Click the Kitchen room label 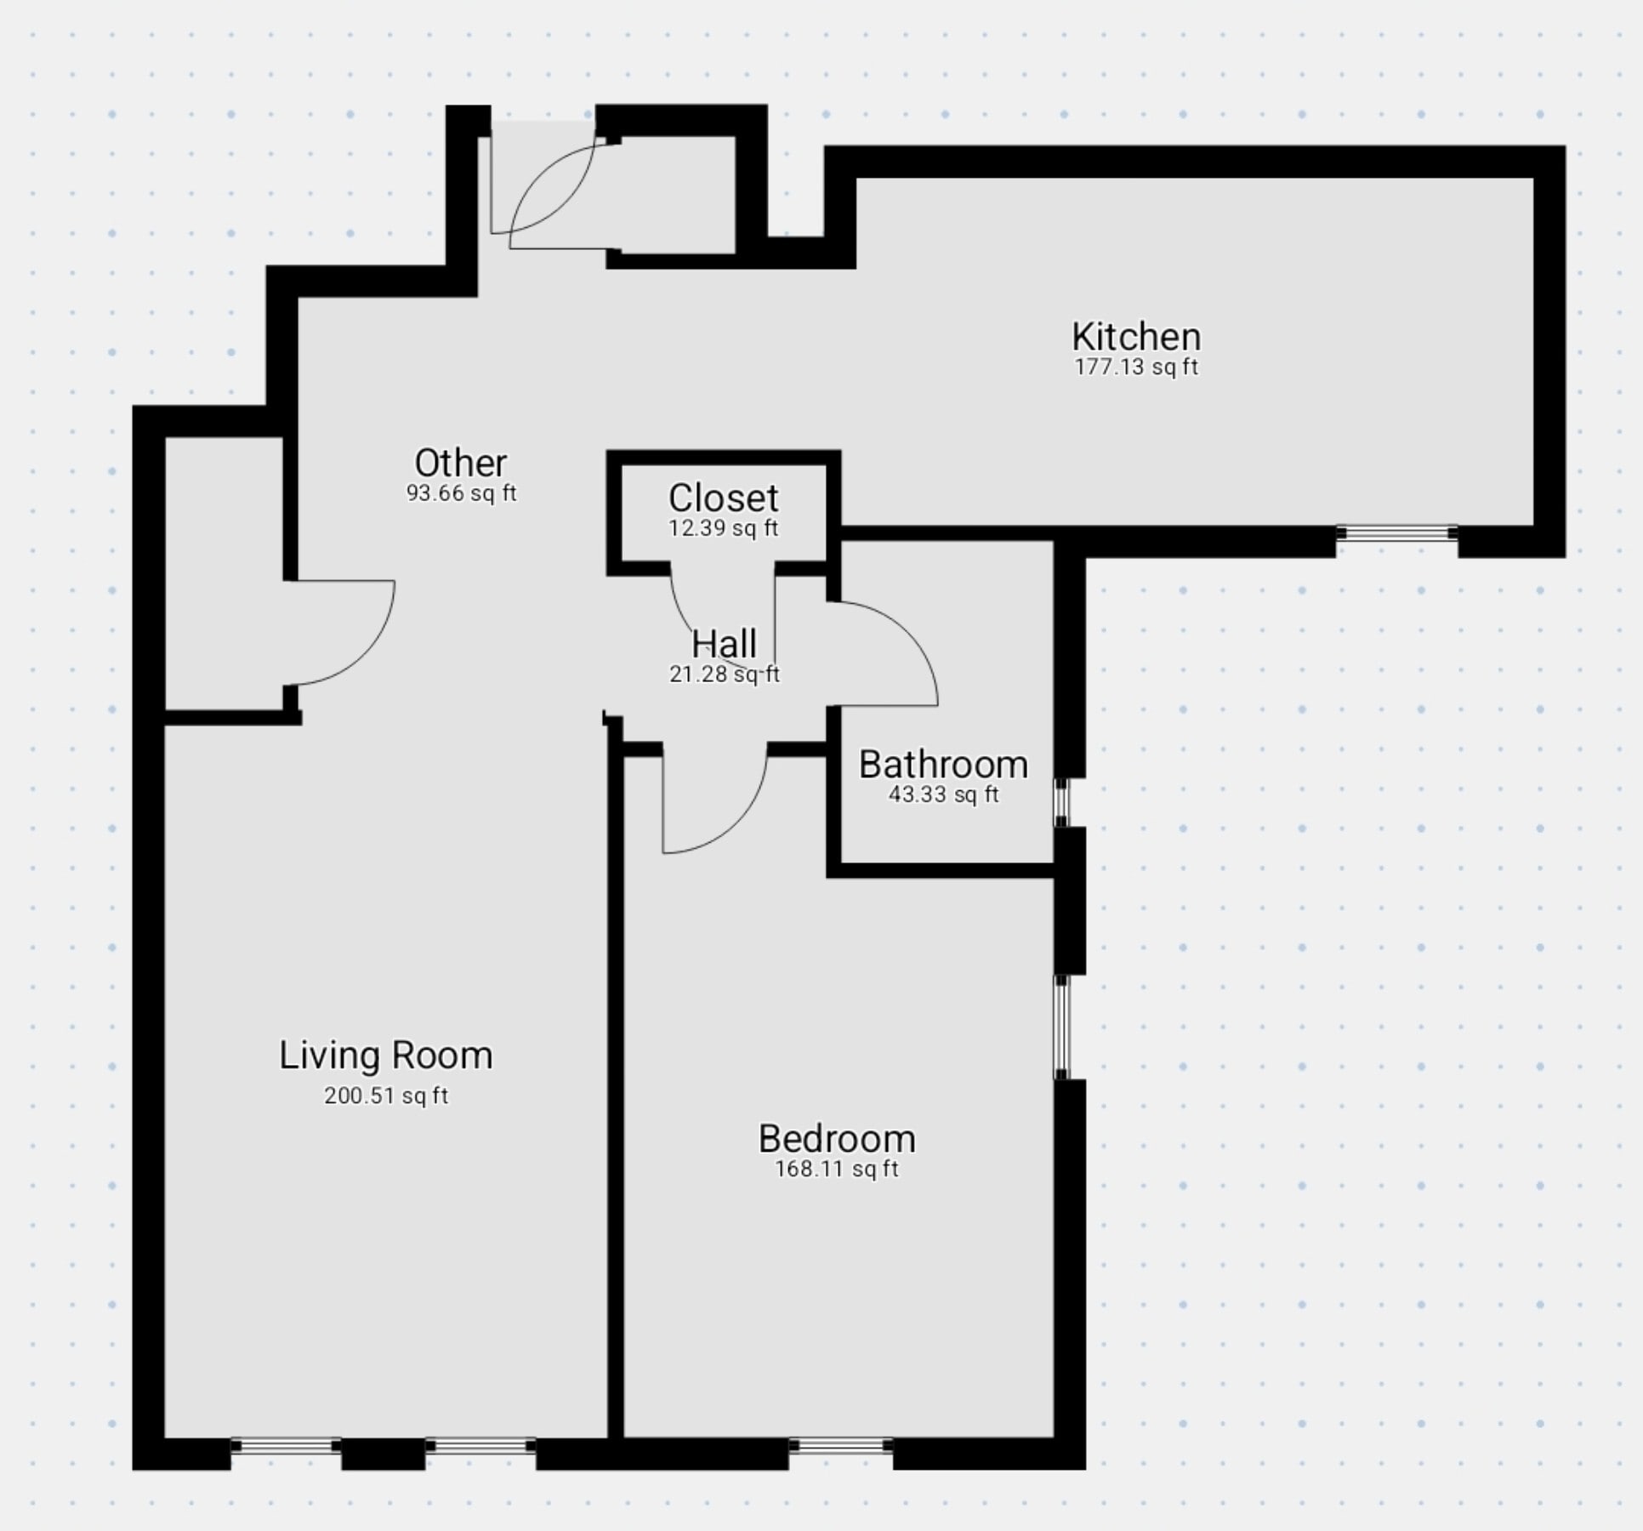pos(1136,337)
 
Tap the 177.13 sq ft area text pos(1136,367)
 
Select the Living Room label pos(386,1056)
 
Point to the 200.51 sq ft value pos(386,1096)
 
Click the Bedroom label pos(837,1139)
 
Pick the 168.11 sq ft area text pos(837,1170)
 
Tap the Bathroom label pos(943,765)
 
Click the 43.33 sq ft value pos(943,795)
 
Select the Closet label pos(724,498)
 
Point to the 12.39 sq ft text pos(724,528)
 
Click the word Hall pos(724,644)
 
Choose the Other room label pos(461,463)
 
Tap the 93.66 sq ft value pos(461,493)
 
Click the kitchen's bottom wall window pos(1396,533)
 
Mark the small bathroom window pos(1061,802)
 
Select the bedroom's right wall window pos(1061,1027)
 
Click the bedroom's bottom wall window pos(840,1445)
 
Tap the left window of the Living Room pos(286,1445)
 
